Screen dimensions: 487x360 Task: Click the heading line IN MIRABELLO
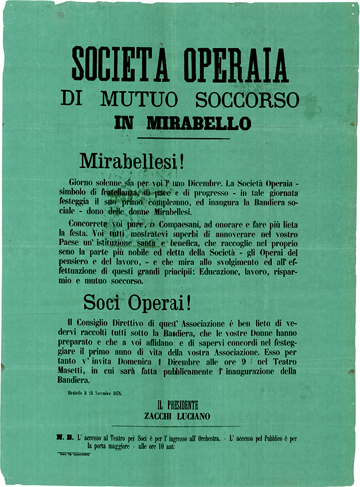pyautogui.click(x=182, y=123)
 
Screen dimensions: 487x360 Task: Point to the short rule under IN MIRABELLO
pyautogui.click(x=183, y=138)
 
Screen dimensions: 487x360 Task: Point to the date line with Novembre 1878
pyautogui.click(x=94, y=393)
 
